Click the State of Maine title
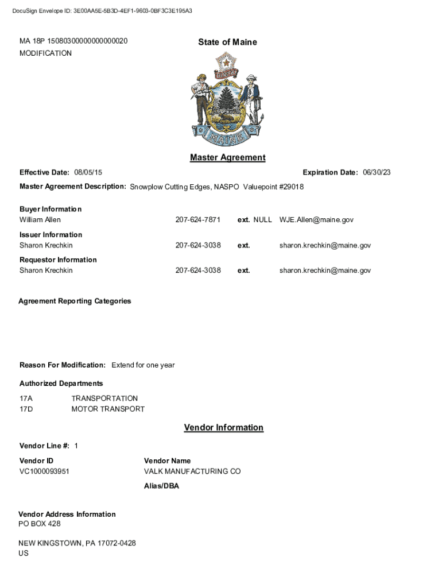tap(227, 42)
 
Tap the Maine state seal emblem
tap(227, 99)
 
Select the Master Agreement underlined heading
tap(227, 157)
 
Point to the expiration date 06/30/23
tap(377, 172)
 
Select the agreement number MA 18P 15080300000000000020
tap(73, 41)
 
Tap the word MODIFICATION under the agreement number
tap(46, 53)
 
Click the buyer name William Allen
tap(40, 220)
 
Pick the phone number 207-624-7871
tap(197, 220)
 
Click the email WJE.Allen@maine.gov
tap(316, 220)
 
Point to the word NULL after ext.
tap(262, 220)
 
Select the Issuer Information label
tap(51, 234)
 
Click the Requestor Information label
tap(58, 260)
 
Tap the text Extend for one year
tap(143, 365)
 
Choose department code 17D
tap(26, 409)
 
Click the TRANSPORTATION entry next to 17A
tap(104, 399)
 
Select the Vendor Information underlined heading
tap(223, 427)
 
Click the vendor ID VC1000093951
tap(44, 471)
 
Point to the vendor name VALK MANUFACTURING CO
tap(192, 471)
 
